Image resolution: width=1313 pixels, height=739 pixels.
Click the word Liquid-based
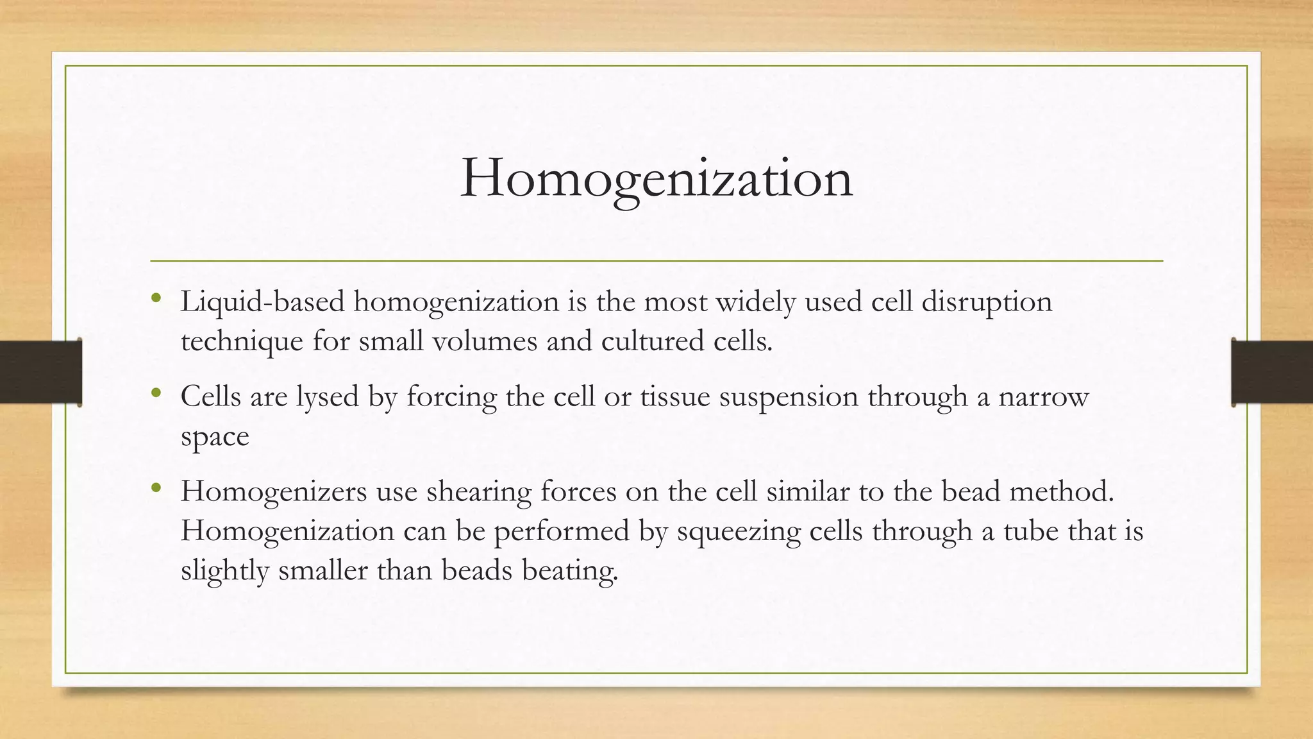(263, 302)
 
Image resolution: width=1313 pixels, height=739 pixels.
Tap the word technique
(242, 341)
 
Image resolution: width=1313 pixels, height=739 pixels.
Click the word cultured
(653, 341)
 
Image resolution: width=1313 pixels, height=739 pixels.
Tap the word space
(215, 437)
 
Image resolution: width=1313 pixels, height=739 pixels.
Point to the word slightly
(224, 571)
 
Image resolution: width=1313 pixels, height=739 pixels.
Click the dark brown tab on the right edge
(1272, 372)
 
